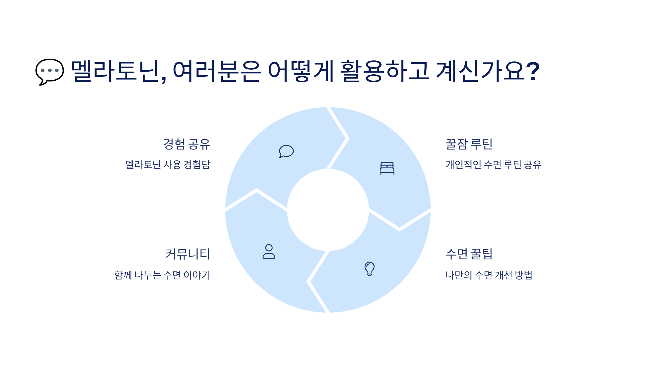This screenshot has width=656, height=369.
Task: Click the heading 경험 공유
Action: [x=187, y=144]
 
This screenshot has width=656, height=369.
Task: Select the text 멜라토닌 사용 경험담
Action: [x=168, y=165]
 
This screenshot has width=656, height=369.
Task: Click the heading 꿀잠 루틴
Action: [x=469, y=144]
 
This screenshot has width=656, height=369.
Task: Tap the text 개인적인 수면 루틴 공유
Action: [x=493, y=165]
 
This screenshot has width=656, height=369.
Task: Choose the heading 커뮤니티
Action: [x=188, y=254]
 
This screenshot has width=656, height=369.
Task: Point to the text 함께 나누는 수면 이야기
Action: [x=162, y=275]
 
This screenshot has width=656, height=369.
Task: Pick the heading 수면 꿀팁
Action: [x=469, y=254]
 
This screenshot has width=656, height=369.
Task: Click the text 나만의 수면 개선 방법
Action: [x=489, y=275]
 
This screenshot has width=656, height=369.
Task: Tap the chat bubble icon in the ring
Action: [x=286, y=151]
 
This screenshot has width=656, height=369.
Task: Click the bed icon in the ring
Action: [x=387, y=168]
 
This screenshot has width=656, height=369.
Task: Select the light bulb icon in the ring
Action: [x=369, y=269]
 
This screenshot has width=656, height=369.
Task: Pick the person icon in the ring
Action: [x=269, y=251]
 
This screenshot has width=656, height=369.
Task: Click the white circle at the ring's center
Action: [x=328, y=210]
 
